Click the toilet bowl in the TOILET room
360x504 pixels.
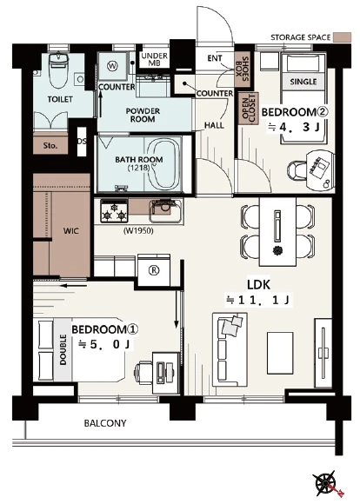(58, 70)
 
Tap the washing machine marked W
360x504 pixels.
(112, 66)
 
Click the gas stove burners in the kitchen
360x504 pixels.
(114, 211)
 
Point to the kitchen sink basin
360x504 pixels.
(165, 210)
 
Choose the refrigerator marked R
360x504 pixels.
(153, 270)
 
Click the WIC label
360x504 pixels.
(70, 231)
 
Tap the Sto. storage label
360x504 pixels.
(50, 146)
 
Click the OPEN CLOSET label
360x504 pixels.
(249, 109)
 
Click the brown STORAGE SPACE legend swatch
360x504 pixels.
(342, 37)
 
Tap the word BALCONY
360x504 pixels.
(105, 423)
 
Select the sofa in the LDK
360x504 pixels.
(230, 349)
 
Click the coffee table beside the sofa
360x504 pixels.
(280, 353)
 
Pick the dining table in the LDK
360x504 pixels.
(278, 231)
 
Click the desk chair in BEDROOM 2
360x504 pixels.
(297, 169)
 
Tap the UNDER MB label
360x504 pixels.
(155, 59)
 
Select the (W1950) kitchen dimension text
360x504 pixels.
(138, 231)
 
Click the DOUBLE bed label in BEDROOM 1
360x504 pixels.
(63, 349)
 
